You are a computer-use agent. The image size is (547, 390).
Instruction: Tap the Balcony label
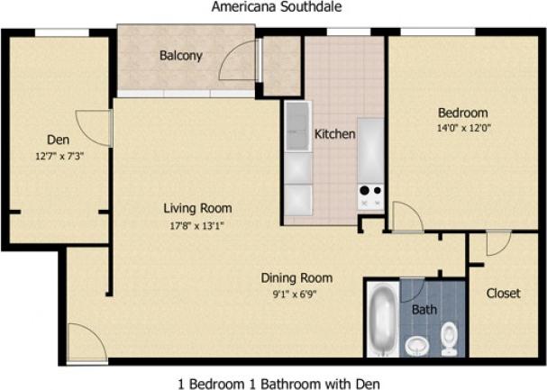click(180, 56)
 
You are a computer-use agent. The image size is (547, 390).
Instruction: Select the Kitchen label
click(334, 134)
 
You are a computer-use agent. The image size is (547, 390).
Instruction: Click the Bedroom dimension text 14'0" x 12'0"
click(463, 128)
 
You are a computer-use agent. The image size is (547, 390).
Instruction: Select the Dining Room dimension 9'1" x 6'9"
click(296, 293)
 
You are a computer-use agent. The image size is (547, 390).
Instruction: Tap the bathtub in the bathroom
click(382, 319)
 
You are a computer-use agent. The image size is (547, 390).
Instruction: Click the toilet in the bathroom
click(449, 340)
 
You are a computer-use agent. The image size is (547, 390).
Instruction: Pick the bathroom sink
click(416, 344)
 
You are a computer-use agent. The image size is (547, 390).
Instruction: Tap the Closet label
click(502, 294)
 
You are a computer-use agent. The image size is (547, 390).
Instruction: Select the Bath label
click(424, 310)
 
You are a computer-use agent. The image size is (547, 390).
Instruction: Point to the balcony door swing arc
click(236, 60)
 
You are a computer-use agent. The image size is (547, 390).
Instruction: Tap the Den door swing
click(95, 128)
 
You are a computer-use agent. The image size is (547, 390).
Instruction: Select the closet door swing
click(497, 242)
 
